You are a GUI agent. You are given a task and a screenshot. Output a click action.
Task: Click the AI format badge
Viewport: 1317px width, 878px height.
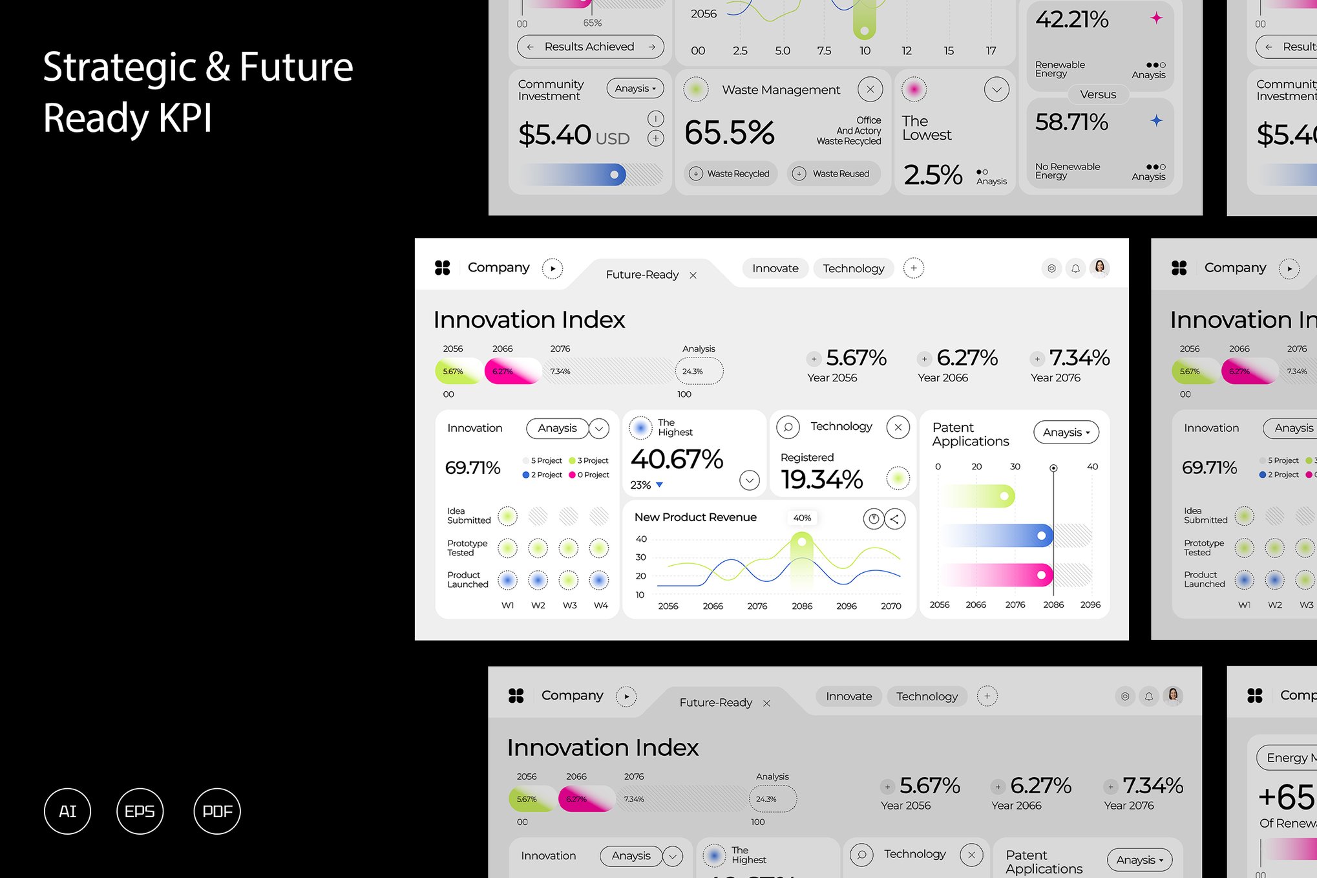click(67, 811)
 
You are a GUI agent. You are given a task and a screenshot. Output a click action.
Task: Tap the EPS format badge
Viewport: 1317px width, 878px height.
click(140, 811)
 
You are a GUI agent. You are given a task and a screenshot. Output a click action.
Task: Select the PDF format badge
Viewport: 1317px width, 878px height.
click(217, 811)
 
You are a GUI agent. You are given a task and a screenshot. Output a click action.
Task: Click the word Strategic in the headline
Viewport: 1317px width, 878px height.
click(119, 68)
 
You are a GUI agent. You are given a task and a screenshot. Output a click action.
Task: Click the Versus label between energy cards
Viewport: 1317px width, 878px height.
click(1097, 94)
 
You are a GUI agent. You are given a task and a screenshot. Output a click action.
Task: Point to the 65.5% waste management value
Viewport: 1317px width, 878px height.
click(729, 133)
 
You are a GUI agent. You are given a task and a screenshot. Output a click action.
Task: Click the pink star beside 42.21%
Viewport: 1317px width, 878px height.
click(1156, 18)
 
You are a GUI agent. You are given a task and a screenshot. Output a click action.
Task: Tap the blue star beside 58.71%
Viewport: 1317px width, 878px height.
click(1156, 120)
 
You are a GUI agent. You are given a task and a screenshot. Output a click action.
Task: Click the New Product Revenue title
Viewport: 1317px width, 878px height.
click(695, 517)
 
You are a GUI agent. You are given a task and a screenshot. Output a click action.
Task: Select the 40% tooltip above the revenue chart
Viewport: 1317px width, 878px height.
click(802, 518)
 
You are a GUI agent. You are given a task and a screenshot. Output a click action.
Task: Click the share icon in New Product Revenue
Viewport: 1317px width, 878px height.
click(895, 519)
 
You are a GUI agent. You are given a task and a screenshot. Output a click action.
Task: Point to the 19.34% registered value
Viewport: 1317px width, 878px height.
click(821, 480)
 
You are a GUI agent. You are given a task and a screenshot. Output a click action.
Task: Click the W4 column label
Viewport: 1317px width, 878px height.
click(601, 605)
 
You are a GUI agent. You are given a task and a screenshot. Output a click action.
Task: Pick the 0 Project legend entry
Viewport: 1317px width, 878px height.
click(589, 475)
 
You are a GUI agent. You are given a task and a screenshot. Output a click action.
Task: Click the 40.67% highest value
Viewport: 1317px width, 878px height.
click(677, 460)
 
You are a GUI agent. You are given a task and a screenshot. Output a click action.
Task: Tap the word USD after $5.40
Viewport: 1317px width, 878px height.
click(612, 139)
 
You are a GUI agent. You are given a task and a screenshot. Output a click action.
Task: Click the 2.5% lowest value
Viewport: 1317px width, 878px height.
click(932, 175)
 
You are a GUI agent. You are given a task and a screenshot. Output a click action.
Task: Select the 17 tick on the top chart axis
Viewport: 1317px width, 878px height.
click(991, 50)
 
